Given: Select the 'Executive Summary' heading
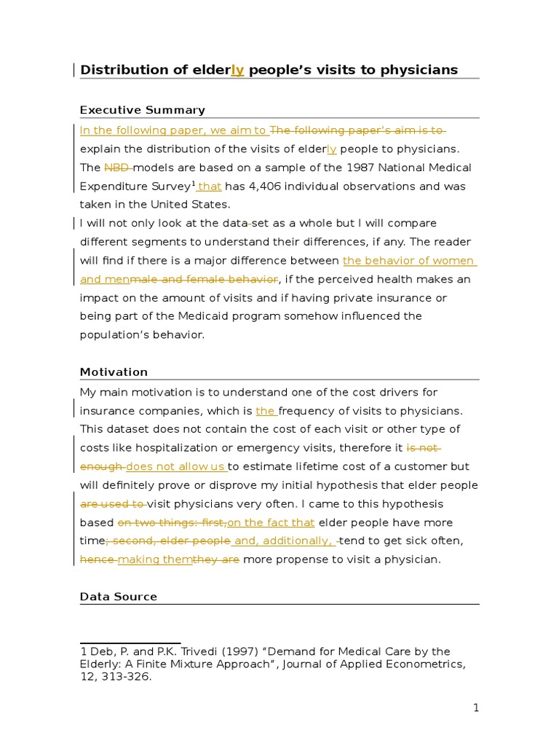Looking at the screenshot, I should (142, 110).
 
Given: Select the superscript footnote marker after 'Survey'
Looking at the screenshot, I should (194, 183).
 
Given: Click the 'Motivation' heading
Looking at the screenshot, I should (114, 372).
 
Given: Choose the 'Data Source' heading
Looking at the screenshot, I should (118, 597).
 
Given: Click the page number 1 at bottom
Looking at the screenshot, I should (476, 708).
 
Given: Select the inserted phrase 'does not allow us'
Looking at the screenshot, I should (175, 466).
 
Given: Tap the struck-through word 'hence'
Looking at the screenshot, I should (98, 559).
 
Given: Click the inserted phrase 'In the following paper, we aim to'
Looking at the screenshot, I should (173, 130).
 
